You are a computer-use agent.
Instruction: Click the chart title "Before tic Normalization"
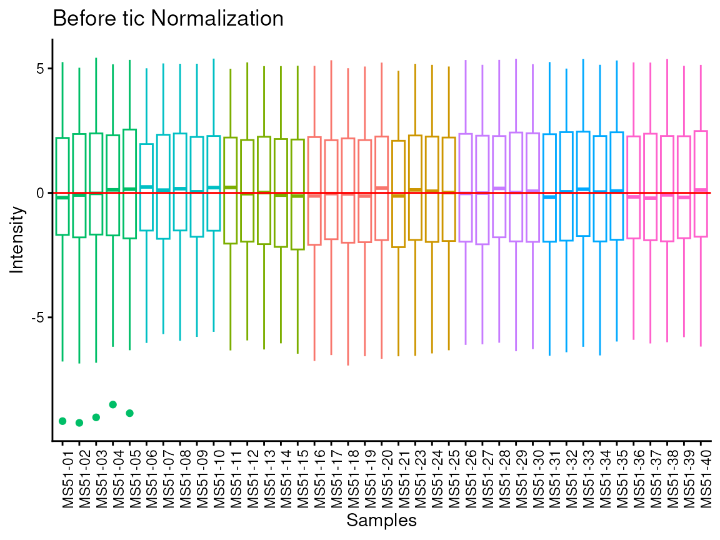(168, 19)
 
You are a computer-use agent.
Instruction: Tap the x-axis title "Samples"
(381, 520)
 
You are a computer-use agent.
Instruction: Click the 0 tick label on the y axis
(40, 193)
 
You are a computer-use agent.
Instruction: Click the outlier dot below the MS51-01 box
(62, 421)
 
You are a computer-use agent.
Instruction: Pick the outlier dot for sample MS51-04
(113, 404)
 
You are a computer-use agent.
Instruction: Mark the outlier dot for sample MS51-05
(130, 413)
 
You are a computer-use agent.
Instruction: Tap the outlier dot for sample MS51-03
(96, 417)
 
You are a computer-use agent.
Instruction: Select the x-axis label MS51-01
(62, 475)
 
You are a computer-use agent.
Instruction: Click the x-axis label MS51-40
(701, 475)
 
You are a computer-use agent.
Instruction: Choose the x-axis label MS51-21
(399, 475)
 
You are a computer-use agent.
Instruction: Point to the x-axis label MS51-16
(314, 475)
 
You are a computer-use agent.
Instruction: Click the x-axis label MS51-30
(532, 475)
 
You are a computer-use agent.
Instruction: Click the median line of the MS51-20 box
(382, 188)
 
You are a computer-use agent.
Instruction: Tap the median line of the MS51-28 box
(499, 188)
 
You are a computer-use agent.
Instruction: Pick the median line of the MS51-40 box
(701, 189)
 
